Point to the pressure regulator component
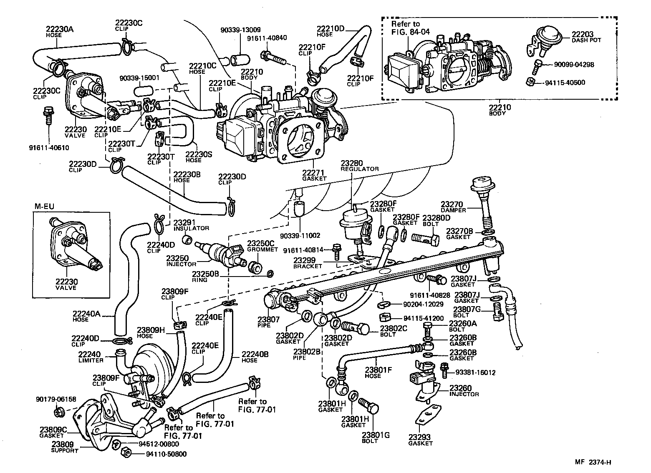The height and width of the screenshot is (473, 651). coord(353,223)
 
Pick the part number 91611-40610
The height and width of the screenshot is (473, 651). coord(49,147)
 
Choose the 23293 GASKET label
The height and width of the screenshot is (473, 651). coord(420,440)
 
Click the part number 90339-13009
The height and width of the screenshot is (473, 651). coord(241,30)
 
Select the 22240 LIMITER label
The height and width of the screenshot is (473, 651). coord(89,357)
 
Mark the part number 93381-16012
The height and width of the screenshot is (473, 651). coord(475,372)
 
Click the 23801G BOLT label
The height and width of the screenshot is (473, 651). coord(376,438)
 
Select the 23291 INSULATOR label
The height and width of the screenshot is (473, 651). coord(191,225)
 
